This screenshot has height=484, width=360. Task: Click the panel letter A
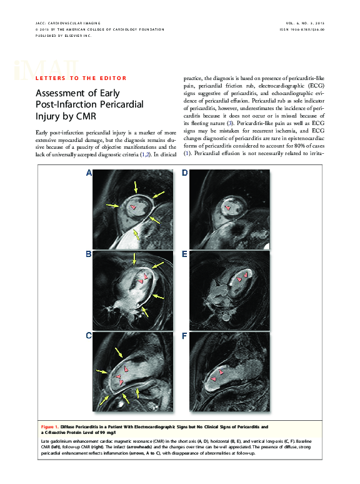pyautogui.click(x=89, y=173)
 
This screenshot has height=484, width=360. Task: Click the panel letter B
pyautogui.click(x=89, y=255)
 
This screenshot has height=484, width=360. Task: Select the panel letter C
pyautogui.click(x=89, y=336)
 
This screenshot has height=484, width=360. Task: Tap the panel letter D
pyautogui.click(x=185, y=173)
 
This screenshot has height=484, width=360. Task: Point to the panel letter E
pyautogui.click(x=185, y=255)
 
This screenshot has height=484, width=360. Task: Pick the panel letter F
pyautogui.click(x=185, y=336)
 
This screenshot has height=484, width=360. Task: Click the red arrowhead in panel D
pyautogui.click(x=227, y=207)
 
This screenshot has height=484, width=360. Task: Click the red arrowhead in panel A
pyautogui.click(x=132, y=206)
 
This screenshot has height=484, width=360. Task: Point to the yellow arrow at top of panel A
pyautogui.click(x=135, y=184)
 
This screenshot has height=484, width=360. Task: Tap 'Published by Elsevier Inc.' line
pyautogui.click(x=64, y=36)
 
